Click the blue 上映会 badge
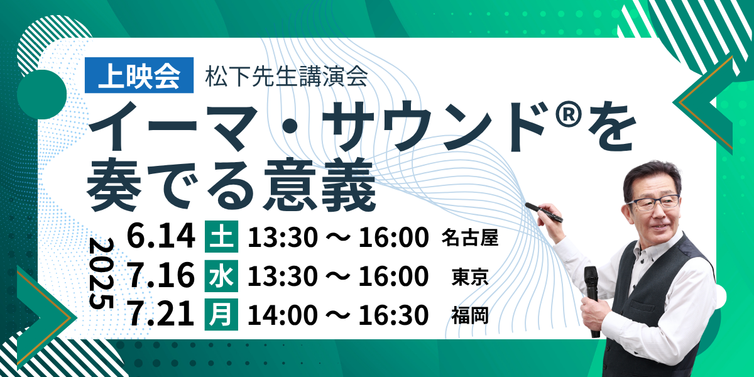(x=139, y=75)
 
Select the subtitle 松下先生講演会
(x=287, y=77)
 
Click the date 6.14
(x=161, y=236)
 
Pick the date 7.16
(x=161, y=275)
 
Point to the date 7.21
(x=161, y=314)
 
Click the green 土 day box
(x=221, y=236)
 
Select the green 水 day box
(x=221, y=276)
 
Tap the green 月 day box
(x=221, y=314)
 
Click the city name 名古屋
(x=469, y=238)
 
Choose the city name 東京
(x=469, y=276)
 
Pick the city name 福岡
(x=469, y=315)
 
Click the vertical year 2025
(x=101, y=273)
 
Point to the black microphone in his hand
(x=593, y=300)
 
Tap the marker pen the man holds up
(x=544, y=212)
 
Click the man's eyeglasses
(x=653, y=202)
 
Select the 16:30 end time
(x=393, y=315)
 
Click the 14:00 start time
(x=283, y=315)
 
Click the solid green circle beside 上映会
(x=41, y=95)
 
